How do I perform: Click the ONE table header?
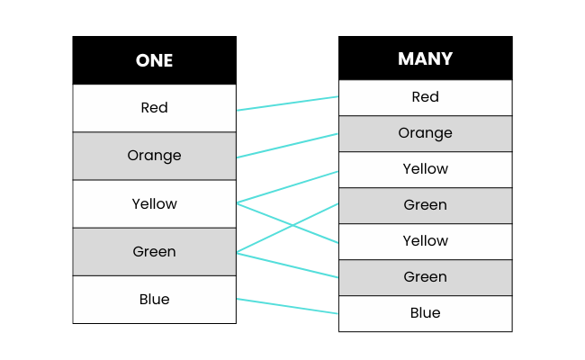click(154, 60)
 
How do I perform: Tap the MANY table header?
click(425, 58)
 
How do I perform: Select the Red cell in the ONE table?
click(154, 108)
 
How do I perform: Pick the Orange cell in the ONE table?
click(154, 156)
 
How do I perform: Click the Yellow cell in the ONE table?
click(154, 203)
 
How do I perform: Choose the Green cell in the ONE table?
click(154, 251)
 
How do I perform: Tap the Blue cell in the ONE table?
click(154, 299)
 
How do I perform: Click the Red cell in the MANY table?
click(425, 97)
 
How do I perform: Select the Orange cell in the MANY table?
click(425, 133)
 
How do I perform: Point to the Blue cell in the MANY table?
click(425, 313)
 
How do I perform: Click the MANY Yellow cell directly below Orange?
click(425, 169)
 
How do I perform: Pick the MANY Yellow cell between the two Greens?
click(425, 241)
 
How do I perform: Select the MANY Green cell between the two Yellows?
click(425, 205)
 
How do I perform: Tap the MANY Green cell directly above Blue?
click(425, 277)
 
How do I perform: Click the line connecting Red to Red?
click(287, 103)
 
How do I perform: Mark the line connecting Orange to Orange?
click(287, 146)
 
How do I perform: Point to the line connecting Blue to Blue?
click(287, 306)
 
